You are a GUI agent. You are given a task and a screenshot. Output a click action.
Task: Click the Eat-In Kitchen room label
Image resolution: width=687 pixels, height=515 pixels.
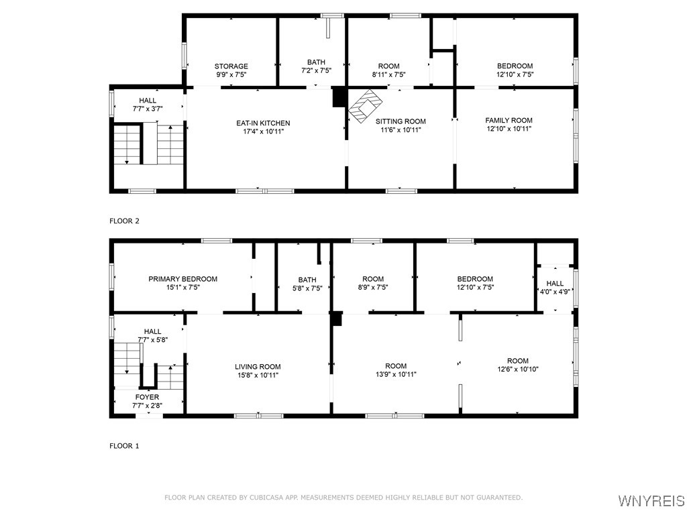263,123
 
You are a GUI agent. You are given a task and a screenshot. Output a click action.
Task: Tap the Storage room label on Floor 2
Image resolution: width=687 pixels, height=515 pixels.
231,66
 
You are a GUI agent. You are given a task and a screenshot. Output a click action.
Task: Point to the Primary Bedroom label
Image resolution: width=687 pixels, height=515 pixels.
182,279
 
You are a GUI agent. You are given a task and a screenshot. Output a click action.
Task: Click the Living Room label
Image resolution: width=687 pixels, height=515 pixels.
258,367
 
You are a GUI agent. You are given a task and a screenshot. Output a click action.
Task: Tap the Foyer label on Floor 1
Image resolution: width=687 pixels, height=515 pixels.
147,397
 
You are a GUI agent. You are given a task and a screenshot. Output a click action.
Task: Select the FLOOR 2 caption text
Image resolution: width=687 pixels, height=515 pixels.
124,221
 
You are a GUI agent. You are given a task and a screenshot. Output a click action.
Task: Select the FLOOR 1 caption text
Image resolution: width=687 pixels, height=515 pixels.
124,445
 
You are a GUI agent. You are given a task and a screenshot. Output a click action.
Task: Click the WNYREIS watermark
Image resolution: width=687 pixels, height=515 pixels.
650,501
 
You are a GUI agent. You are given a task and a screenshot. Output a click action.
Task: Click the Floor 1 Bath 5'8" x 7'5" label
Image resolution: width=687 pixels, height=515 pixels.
307,284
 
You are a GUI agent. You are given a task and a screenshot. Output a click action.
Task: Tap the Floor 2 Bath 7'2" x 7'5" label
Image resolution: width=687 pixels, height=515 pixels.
316,66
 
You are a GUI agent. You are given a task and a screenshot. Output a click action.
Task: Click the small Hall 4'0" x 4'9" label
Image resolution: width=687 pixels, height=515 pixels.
555,288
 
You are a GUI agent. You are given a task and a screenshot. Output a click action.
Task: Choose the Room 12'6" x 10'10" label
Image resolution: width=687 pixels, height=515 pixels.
518,365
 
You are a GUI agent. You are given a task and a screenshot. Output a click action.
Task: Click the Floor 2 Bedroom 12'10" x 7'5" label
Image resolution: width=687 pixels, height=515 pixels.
515,70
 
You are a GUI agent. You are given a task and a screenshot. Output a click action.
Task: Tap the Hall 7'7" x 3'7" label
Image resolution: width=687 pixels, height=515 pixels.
148,105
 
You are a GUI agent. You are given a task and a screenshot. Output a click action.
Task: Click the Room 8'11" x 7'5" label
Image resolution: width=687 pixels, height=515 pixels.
388,70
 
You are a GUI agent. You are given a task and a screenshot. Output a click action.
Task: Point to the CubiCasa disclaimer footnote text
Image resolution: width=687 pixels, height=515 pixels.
343,498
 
